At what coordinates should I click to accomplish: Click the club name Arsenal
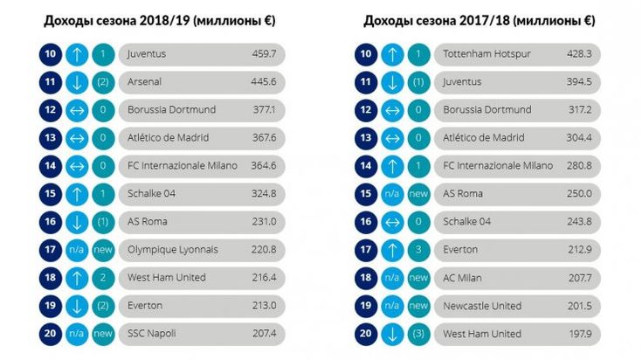click(144, 82)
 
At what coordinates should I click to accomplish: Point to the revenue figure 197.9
click(581, 334)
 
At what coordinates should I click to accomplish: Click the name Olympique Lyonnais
click(173, 250)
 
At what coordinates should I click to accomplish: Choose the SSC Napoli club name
click(152, 334)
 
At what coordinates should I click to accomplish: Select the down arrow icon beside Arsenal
click(74, 82)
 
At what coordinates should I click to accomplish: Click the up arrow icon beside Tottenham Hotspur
click(392, 54)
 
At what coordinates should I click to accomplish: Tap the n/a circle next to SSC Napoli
click(74, 334)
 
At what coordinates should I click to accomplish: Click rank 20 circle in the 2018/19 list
click(48, 334)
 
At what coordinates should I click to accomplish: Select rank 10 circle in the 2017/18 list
click(366, 54)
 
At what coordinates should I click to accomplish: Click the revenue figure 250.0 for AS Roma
click(581, 194)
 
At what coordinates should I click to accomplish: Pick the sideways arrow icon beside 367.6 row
click(74, 138)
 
